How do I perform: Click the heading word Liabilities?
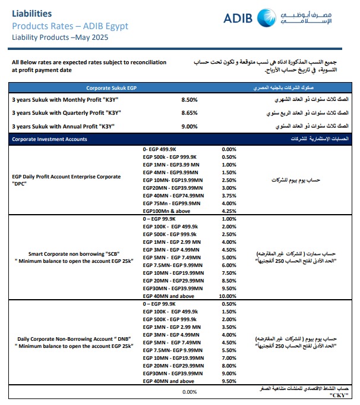(x=31, y=13)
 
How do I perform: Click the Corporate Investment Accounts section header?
(x=49, y=139)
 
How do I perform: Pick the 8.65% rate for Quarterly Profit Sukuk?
(x=190, y=112)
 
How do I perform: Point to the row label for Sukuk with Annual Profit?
(x=63, y=126)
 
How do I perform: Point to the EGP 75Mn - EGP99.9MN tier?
(x=172, y=203)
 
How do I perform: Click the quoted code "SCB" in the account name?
(x=120, y=253)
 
